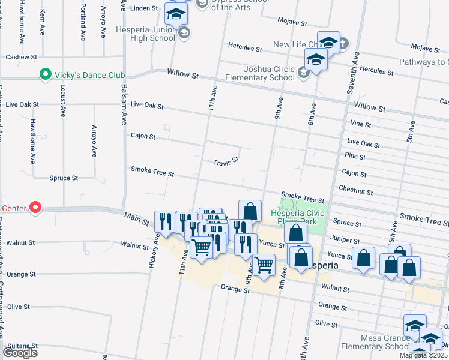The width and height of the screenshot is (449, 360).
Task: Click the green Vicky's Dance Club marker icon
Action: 44,75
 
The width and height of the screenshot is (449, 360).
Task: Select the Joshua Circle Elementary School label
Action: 260,73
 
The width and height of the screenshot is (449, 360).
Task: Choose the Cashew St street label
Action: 21,57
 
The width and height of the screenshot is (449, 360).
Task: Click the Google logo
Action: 20,352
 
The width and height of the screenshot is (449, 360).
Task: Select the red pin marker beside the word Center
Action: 35,208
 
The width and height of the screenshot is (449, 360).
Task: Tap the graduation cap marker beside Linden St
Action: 176,13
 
